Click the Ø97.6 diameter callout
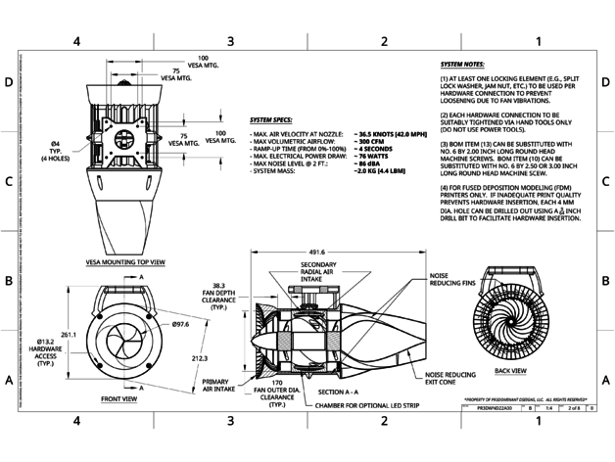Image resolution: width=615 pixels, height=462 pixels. coord(179,323)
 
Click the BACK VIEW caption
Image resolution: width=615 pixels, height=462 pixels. coord(514,372)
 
